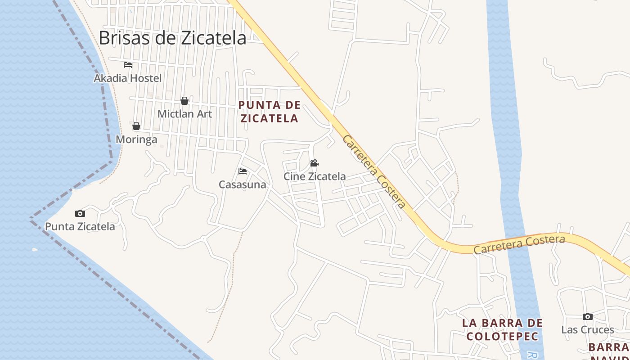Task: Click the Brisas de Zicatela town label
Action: pos(172,38)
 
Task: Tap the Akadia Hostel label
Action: pos(127,78)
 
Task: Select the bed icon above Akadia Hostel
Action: pos(128,65)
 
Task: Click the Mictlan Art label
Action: pos(184,114)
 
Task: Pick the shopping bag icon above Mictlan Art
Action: pos(184,101)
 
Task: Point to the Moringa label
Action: pos(136,139)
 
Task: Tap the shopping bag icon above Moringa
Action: pos(136,126)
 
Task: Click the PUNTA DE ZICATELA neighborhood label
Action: pos(269,112)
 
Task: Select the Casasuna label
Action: pos(243,184)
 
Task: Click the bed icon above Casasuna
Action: pos(243,171)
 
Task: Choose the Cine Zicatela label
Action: pos(315,176)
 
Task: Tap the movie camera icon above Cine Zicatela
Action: pos(315,163)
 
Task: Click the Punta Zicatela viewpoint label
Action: pos(80,226)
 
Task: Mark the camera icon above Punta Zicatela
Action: pos(80,213)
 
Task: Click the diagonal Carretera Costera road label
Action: pos(373,171)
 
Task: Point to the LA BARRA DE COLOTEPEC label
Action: pos(503,329)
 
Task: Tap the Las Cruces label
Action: pos(587,330)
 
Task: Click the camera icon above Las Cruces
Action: pos(587,317)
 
